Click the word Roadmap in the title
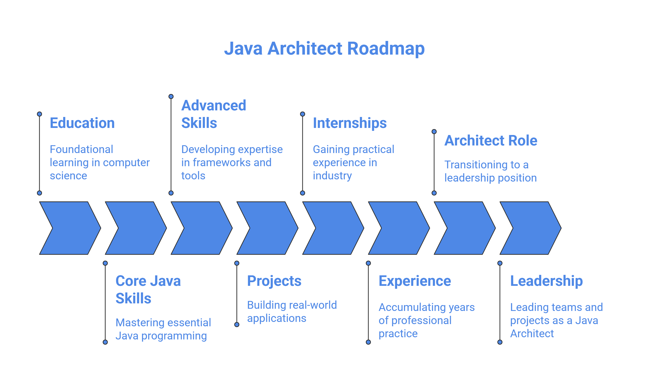[385, 48]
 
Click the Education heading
[82, 123]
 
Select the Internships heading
[349, 123]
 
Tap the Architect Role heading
[491, 140]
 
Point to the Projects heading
[274, 281]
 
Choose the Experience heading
[414, 281]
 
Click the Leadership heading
[546, 281]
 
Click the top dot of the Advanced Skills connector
[171, 96]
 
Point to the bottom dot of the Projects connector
[237, 324]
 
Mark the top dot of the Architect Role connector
[434, 132]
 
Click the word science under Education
[68, 176]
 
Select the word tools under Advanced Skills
[193, 176]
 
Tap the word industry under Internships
[332, 176]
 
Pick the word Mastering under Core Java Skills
[138, 322]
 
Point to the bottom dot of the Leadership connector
[500, 342]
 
